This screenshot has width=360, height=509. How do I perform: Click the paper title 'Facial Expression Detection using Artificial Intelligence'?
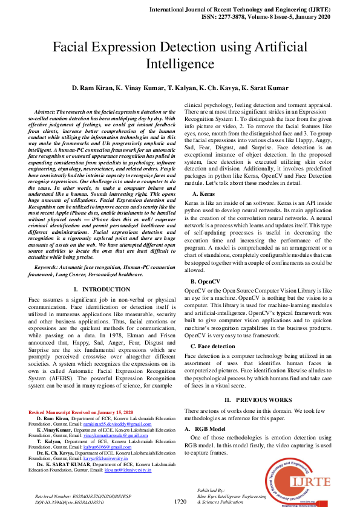180,55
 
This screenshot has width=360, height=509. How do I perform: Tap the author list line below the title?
180,88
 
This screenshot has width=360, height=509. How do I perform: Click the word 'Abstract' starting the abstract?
45,112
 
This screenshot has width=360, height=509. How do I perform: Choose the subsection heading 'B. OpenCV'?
208,281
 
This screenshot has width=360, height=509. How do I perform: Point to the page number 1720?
180,502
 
